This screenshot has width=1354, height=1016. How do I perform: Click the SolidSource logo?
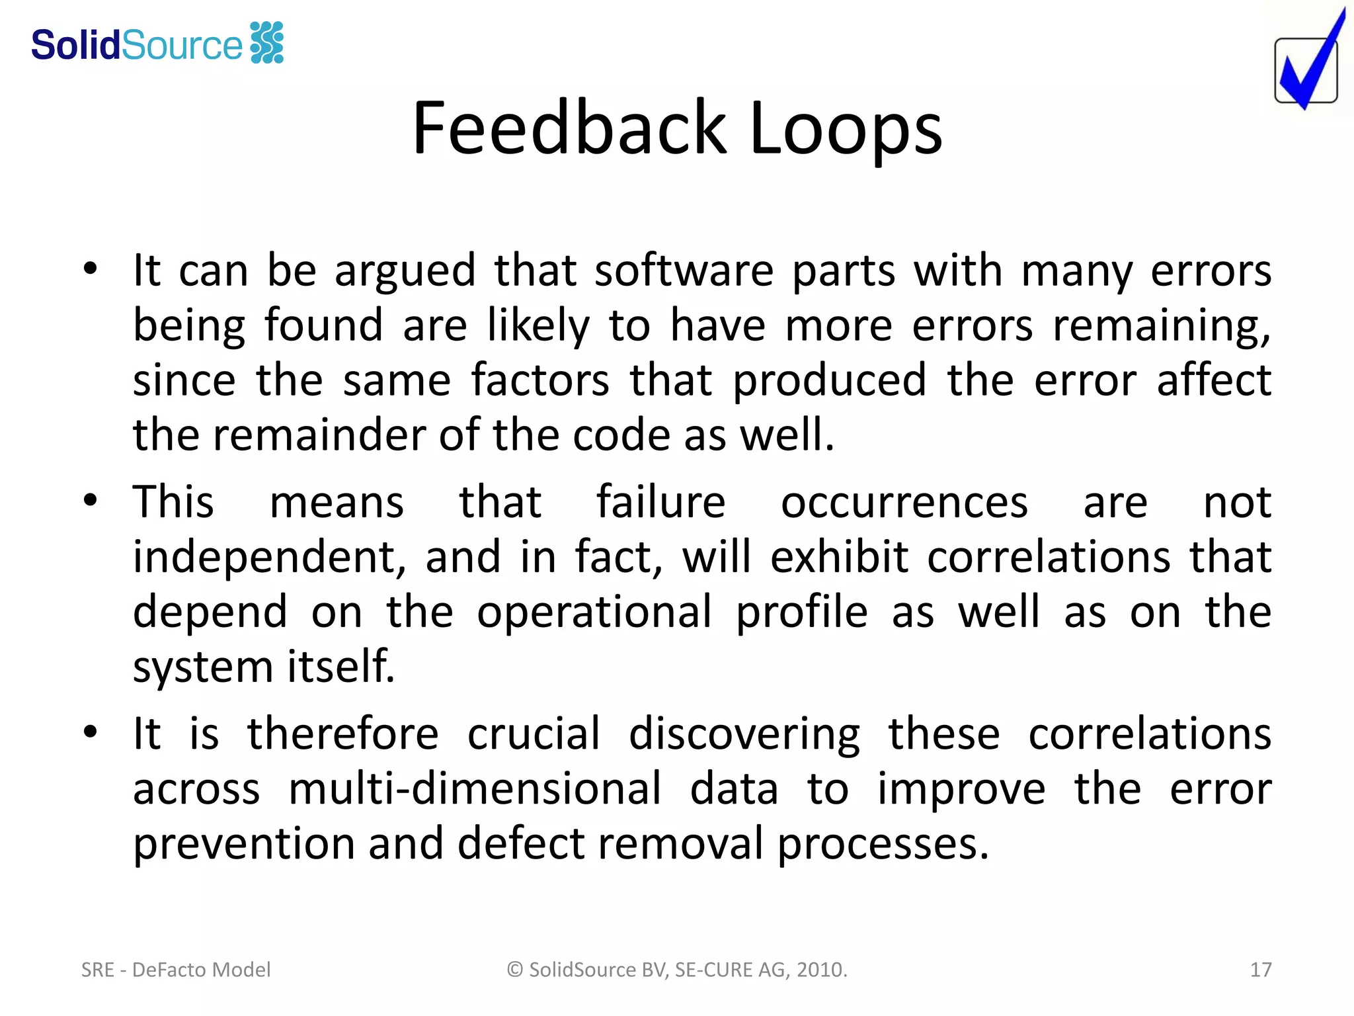pyautogui.click(x=157, y=44)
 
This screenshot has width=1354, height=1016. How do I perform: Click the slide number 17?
pyautogui.click(x=1260, y=970)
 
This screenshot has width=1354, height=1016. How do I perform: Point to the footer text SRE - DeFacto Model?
pyautogui.click(x=176, y=970)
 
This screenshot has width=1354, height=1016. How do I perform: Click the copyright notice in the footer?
pyautogui.click(x=677, y=970)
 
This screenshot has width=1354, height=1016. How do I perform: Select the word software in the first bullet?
pyautogui.click(x=684, y=271)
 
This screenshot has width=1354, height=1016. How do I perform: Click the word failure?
pyautogui.click(x=660, y=502)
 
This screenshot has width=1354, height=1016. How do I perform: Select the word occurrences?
pyautogui.click(x=904, y=503)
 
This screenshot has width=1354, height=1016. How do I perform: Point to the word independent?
pyautogui.click(x=270, y=558)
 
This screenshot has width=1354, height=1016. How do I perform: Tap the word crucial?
pyautogui.click(x=534, y=734)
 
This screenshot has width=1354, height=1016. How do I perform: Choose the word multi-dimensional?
pyautogui.click(x=475, y=789)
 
